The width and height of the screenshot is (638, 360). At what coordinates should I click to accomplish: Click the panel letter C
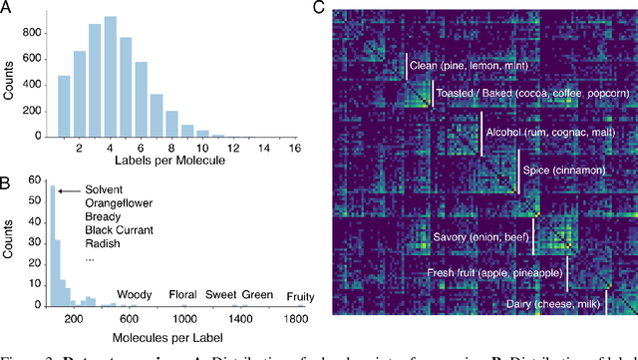318,8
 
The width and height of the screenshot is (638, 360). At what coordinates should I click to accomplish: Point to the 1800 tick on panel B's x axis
296,319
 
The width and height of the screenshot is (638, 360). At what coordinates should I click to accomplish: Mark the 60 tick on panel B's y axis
38,182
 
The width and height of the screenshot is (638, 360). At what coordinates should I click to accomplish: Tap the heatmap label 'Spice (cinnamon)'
563,171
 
